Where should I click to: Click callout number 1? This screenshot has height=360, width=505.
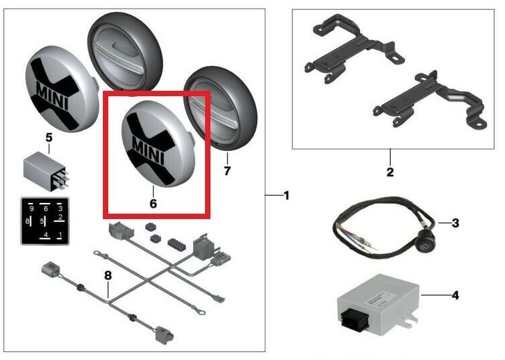(287, 196)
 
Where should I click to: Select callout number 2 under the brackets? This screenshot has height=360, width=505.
(390, 172)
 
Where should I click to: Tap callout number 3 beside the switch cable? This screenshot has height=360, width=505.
(455, 223)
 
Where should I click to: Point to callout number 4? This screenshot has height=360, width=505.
(455, 295)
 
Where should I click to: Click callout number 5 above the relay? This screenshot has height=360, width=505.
(49, 138)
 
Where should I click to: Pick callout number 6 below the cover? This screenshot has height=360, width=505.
(153, 204)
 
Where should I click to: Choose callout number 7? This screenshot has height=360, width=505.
(227, 171)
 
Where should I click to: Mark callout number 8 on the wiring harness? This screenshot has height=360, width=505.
(108, 275)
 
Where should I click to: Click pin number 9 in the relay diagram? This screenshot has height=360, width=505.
(31, 208)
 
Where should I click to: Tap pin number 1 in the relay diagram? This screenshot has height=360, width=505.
(61, 234)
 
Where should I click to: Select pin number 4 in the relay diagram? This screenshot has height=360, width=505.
(46, 234)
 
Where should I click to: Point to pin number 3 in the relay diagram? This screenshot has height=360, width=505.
(61, 208)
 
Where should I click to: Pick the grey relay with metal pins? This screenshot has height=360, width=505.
(46, 171)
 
